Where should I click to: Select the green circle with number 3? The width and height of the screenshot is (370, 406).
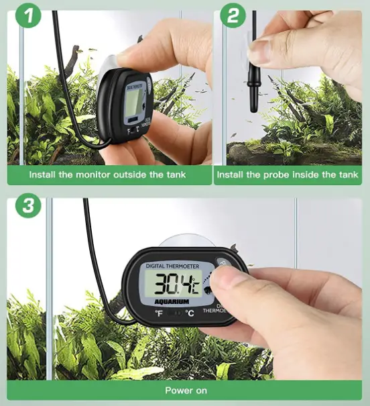(x=27, y=206)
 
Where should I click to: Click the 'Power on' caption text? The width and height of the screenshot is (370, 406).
(x=186, y=390)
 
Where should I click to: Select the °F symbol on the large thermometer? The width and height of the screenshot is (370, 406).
(x=158, y=313)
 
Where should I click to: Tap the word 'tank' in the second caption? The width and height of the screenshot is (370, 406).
(x=349, y=175)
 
